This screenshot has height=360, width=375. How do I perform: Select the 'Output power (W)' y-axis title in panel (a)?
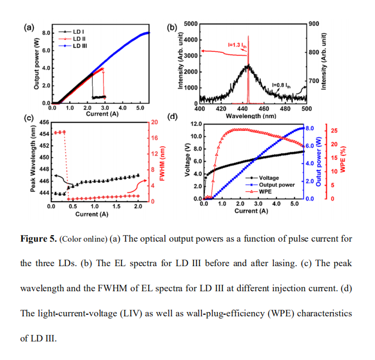pos(37,64)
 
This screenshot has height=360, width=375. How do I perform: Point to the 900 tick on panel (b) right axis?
pos(313,24)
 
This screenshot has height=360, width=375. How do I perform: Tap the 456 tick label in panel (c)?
pos(44,122)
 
